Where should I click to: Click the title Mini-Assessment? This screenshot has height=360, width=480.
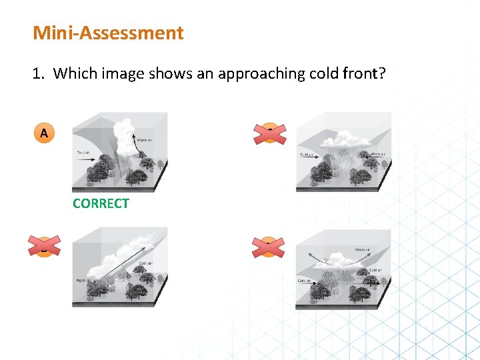(x=108, y=33)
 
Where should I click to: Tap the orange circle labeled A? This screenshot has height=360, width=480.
(x=44, y=133)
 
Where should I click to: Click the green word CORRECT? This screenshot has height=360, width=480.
(x=101, y=203)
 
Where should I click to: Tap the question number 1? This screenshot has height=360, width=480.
(x=37, y=73)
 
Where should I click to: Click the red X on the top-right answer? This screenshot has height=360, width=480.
(x=269, y=133)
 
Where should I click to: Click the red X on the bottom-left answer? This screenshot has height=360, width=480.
(x=44, y=245)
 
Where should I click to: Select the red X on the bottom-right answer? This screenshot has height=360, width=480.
(x=269, y=248)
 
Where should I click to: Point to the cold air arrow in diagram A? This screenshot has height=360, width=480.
(x=90, y=160)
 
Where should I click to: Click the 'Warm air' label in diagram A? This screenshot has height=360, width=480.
(x=146, y=140)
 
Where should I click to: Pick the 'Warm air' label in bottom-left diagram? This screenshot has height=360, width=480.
(x=83, y=280)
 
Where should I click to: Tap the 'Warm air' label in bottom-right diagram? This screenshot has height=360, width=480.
(x=363, y=250)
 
